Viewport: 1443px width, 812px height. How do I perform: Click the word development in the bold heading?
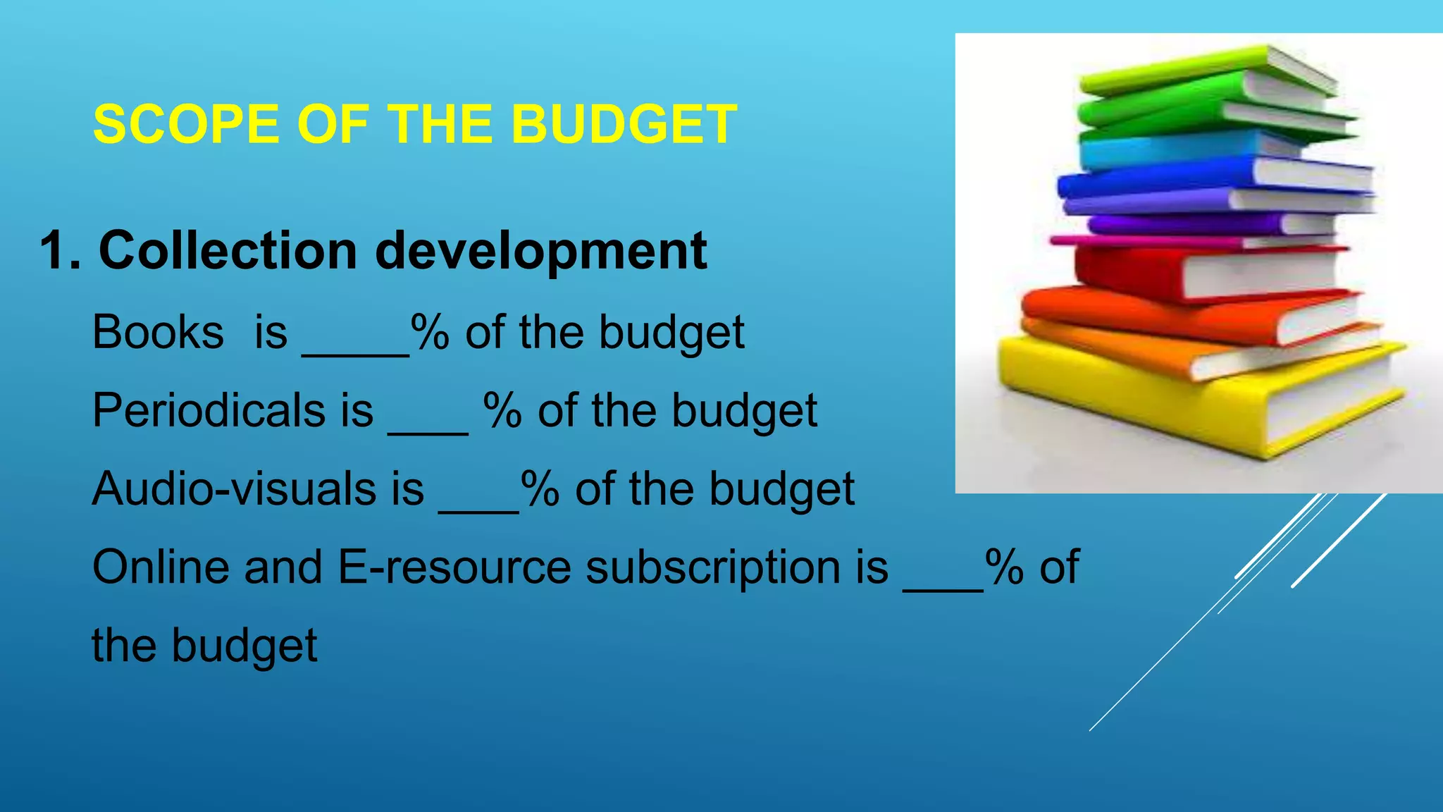tap(540, 252)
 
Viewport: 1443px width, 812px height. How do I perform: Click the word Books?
tap(158, 332)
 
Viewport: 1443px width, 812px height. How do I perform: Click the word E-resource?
tap(454, 567)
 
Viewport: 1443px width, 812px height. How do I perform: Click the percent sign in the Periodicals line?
tap(502, 410)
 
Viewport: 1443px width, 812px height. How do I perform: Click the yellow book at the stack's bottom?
tap(1127, 395)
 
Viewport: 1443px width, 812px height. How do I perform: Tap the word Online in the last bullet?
tap(161, 567)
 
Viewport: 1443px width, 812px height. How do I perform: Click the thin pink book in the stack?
tap(1141, 242)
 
